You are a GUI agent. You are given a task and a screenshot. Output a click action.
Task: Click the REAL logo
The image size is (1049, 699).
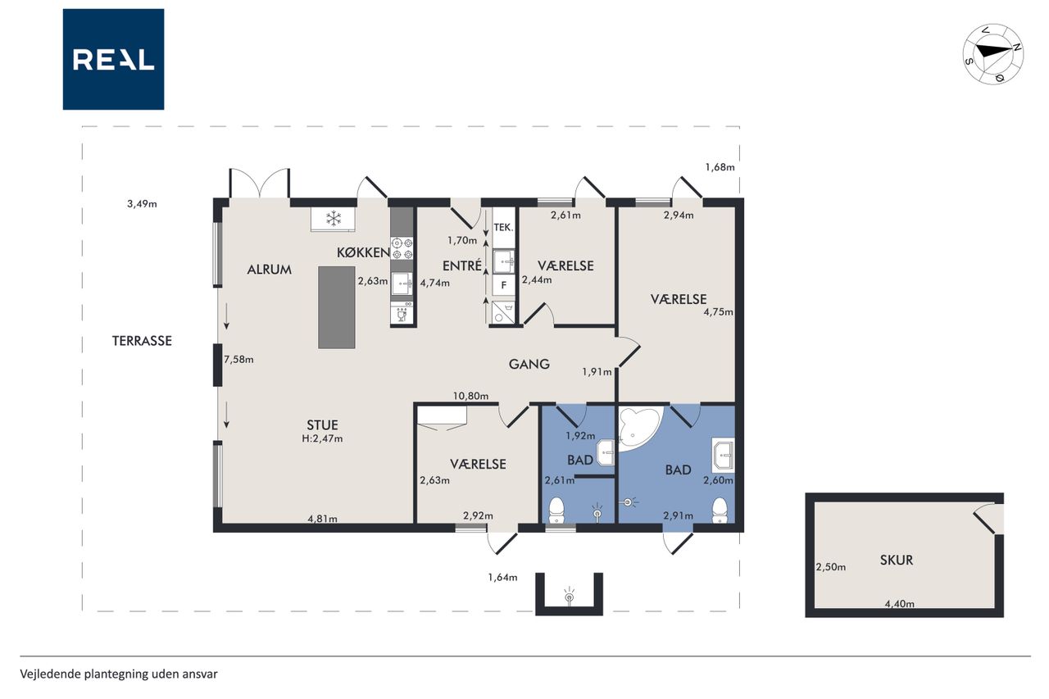(113, 60)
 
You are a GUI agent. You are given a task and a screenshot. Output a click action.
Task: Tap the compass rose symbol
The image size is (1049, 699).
(992, 54)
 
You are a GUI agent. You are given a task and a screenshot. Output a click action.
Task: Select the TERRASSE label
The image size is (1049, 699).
(142, 341)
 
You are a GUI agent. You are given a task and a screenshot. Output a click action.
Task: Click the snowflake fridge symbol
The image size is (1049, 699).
(334, 218)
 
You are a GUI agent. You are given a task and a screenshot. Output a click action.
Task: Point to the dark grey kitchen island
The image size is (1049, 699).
(336, 307)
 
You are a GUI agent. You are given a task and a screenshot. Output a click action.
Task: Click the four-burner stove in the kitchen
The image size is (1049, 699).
(402, 248)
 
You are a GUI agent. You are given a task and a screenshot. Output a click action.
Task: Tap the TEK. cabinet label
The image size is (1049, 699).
(503, 228)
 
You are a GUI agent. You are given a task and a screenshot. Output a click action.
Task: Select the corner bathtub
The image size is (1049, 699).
(638, 428)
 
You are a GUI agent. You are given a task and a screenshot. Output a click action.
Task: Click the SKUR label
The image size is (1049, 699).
(897, 560)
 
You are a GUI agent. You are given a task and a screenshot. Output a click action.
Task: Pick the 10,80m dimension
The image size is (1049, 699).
(470, 396)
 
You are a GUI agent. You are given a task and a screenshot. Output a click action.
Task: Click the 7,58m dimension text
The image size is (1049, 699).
(238, 360)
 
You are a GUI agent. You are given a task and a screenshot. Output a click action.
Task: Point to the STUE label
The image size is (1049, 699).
(322, 425)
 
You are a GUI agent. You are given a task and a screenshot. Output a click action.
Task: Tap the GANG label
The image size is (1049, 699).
(529, 364)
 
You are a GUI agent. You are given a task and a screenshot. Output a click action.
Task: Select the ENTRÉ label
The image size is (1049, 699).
(462, 266)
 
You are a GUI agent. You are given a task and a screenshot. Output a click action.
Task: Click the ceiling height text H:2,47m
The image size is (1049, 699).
(322, 438)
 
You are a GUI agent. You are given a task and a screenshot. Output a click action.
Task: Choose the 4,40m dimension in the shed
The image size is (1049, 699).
(899, 604)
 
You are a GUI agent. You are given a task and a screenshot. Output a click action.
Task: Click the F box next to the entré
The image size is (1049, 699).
(504, 284)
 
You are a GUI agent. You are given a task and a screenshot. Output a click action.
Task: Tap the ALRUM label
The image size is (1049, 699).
(270, 270)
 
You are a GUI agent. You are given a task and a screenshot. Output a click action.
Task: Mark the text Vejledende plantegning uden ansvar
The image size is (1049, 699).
(119, 674)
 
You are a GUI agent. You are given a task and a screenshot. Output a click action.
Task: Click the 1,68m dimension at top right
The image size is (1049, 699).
(720, 167)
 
